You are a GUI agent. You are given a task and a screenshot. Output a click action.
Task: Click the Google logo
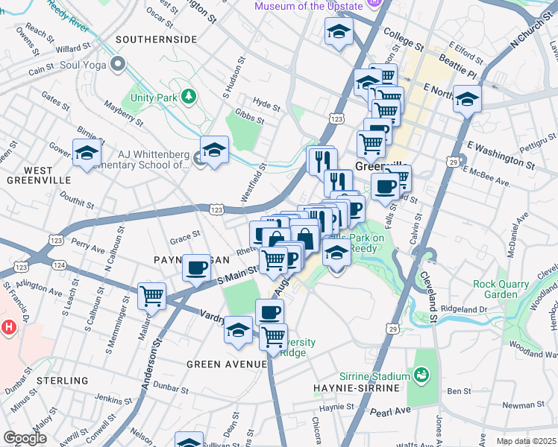tap(25, 438)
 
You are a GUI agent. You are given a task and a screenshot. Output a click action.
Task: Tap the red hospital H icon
tap(9, 326)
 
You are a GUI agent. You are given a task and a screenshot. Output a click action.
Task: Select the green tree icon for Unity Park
tap(189, 96)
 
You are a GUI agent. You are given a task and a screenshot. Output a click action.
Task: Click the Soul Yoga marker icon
tap(116, 65)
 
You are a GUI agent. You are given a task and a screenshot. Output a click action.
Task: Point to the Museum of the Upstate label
tap(308, 6)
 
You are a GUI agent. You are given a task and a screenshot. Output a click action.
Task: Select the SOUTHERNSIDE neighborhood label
tap(156, 39)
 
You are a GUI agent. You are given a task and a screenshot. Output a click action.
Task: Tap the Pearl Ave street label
tap(390, 411)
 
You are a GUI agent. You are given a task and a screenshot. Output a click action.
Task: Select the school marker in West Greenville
tap(87, 153)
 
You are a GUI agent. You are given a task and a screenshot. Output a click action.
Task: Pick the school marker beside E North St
tap(468, 98)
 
